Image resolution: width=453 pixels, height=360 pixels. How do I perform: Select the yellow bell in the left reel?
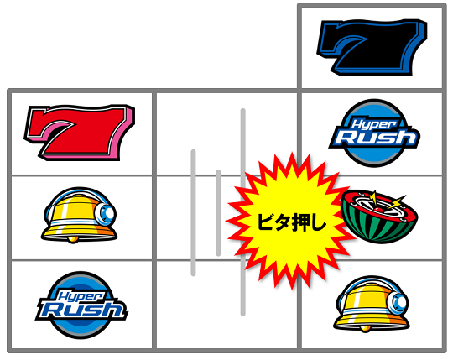pyautogui.click(x=80, y=216)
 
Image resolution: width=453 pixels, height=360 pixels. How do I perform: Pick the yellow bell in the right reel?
pyautogui.click(x=372, y=304)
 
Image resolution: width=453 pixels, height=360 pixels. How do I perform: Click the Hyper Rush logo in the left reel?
pyautogui.click(x=81, y=305)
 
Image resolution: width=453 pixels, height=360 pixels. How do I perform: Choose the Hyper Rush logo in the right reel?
pyautogui.click(x=375, y=133)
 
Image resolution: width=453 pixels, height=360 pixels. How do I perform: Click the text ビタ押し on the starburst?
pyautogui.click(x=291, y=223)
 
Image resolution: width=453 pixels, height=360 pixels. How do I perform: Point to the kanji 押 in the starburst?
pyautogui.click(x=301, y=223)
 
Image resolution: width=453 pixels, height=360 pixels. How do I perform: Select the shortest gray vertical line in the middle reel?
pyautogui.click(x=218, y=213)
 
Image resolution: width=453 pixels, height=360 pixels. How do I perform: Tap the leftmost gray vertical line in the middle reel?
pyautogui.click(x=193, y=212)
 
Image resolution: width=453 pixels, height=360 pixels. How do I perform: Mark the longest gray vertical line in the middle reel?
pyautogui.click(x=243, y=212)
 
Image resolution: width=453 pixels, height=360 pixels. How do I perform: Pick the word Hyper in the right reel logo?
pyautogui.click(x=375, y=124)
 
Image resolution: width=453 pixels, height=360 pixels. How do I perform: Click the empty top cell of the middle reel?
pyautogui.click(x=226, y=133)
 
